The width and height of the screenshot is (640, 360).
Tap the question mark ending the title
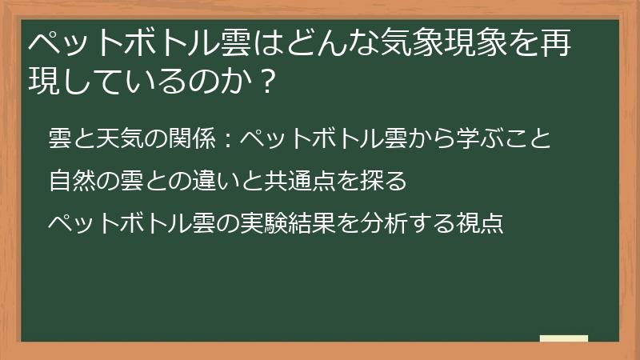(x=261, y=82)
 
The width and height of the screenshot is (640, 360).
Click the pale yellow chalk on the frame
(x=564, y=339)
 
